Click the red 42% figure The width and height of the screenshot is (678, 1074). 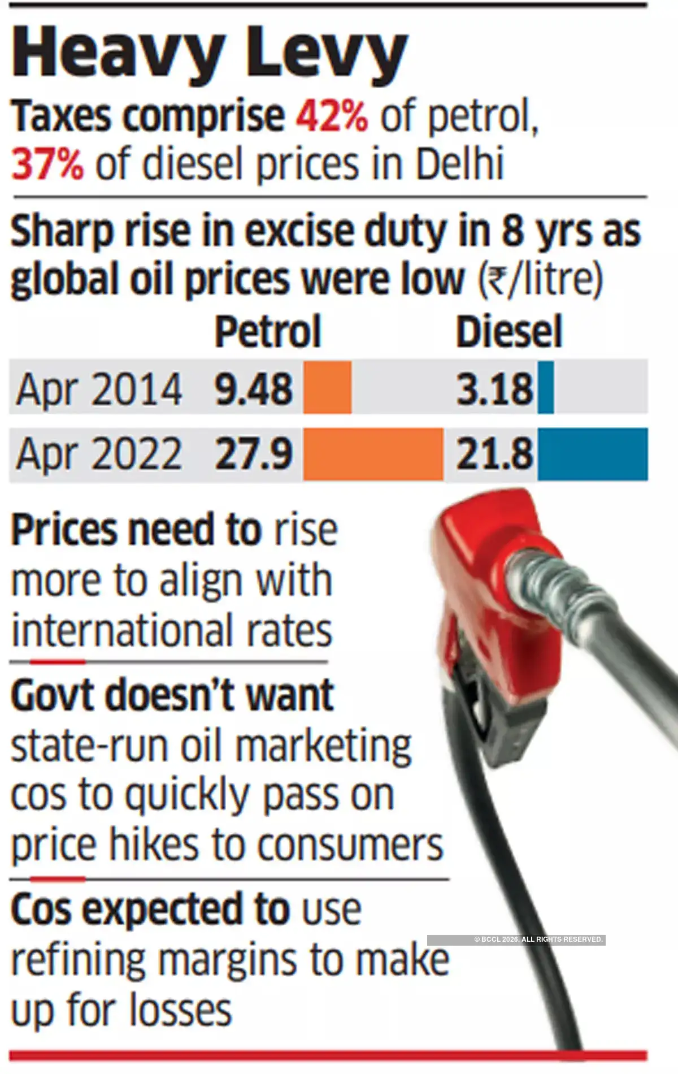click(332, 116)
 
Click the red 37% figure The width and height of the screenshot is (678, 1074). click(47, 164)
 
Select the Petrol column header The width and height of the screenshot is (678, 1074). click(267, 332)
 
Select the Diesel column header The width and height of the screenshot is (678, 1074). click(508, 332)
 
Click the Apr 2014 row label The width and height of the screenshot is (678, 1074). click(99, 389)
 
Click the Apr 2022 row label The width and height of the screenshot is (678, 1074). click(99, 454)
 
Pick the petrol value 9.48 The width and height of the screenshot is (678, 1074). click(254, 389)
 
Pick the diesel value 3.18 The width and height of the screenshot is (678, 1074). click(494, 389)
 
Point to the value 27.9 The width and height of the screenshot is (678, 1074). click(254, 454)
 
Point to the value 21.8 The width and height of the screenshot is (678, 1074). click(494, 454)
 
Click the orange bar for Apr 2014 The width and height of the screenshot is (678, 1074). click(327, 388)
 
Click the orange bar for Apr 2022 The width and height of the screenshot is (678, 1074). click(373, 454)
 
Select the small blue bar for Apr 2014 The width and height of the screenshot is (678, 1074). click(546, 388)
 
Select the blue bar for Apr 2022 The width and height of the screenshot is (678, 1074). click(592, 454)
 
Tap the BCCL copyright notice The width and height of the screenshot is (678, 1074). click(516, 939)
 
